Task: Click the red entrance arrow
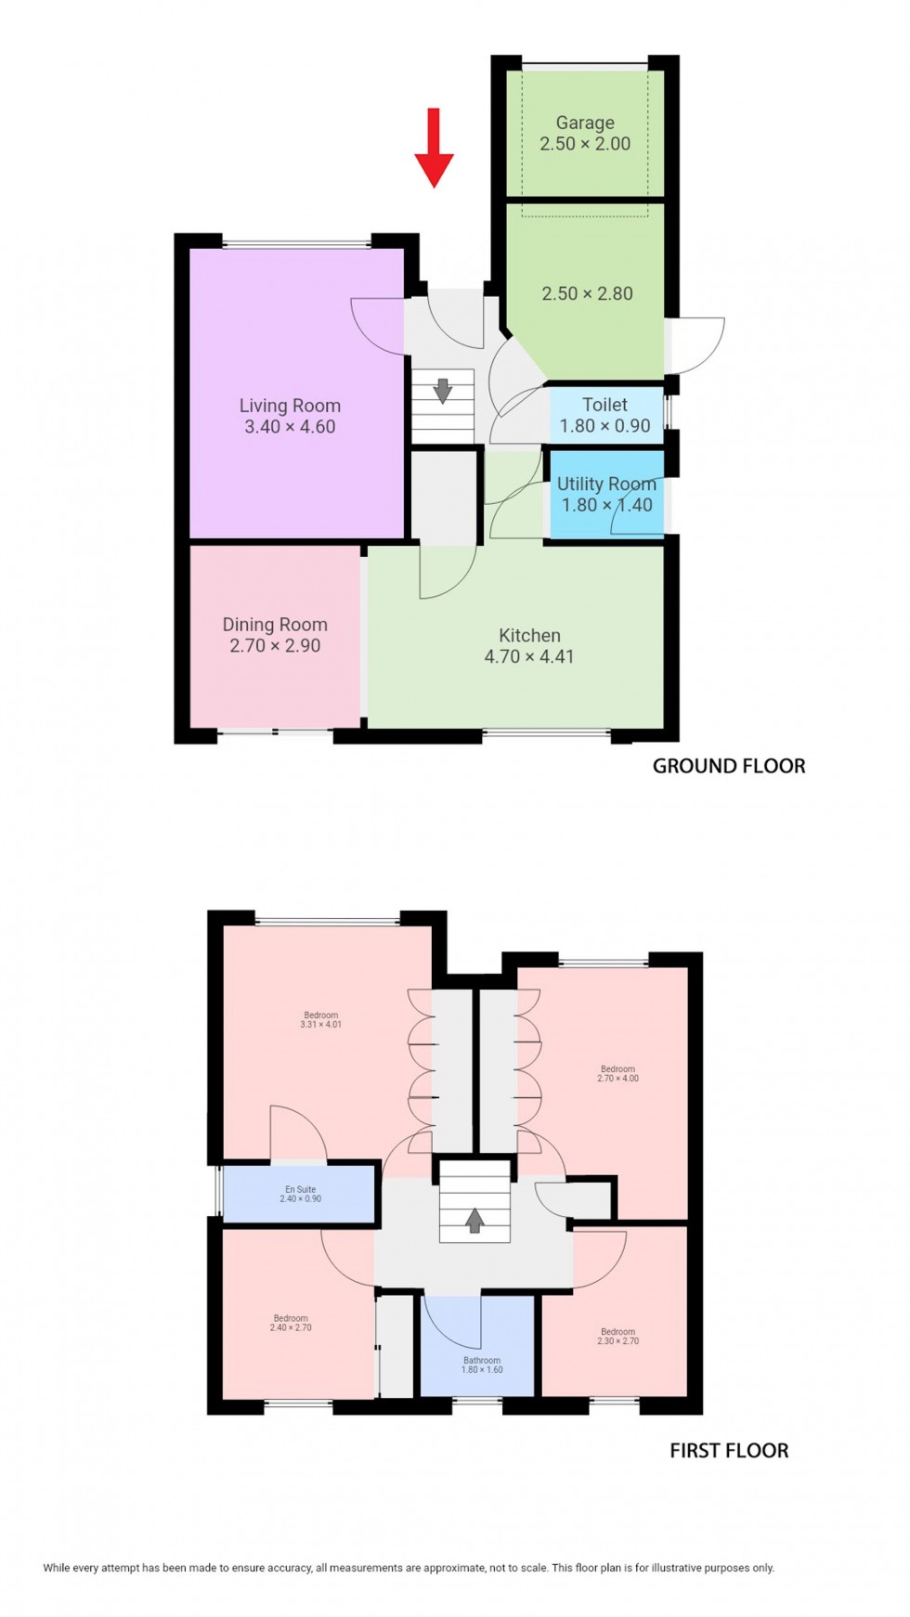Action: coord(434,149)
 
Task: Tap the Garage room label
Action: coord(585,123)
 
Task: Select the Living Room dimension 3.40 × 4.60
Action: coord(290,427)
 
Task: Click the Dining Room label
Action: coord(275,625)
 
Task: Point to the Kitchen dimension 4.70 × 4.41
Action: coord(529,656)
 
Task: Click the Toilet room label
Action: coord(604,405)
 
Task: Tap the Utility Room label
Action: coord(606,484)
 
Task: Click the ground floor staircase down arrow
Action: coord(443,390)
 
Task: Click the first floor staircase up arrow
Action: coord(474,1220)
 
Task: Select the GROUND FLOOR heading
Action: coord(729,766)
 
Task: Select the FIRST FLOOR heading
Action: coord(729,1451)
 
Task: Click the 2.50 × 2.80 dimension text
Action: coord(587,293)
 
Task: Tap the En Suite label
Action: coord(301,1189)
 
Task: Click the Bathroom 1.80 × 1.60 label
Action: coord(482,1365)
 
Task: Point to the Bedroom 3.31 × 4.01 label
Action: coord(321,1019)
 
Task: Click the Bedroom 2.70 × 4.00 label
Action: coord(618,1073)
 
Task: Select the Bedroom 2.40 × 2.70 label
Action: coord(291,1323)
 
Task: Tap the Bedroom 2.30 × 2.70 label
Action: coord(618,1336)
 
